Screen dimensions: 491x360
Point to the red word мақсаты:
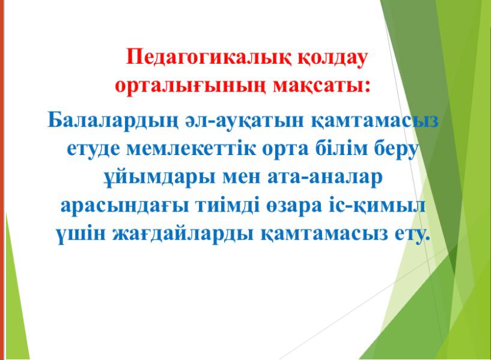pyautogui.click(x=322, y=86)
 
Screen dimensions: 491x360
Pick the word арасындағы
pyautogui.click(x=124, y=207)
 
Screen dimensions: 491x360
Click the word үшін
pyautogui.click(x=81, y=234)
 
